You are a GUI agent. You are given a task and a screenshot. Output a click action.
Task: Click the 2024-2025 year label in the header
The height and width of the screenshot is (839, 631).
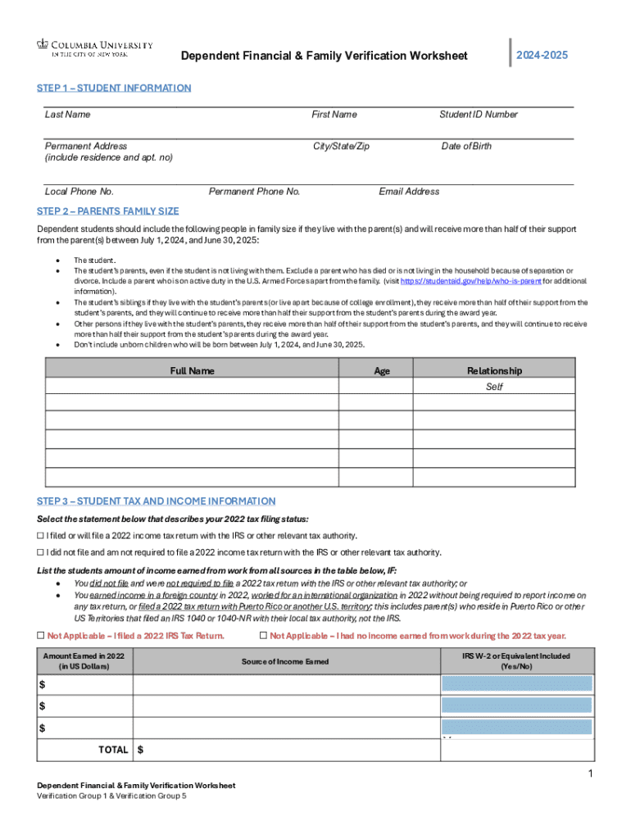(x=542, y=55)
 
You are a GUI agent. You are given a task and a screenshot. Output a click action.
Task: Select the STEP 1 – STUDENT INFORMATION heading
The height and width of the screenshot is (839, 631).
(x=114, y=88)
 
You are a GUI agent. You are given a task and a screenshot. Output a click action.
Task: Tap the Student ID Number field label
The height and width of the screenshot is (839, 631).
(x=478, y=115)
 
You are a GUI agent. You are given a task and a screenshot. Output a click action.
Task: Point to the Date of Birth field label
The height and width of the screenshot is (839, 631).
(x=466, y=146)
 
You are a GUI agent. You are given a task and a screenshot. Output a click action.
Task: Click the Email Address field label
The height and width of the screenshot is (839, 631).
(x=409, y=192)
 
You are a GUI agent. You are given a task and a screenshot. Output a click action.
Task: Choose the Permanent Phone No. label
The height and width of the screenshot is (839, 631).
(x=254, y=192)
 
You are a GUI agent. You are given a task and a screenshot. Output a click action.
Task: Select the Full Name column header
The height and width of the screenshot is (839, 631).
(x=192, y=371)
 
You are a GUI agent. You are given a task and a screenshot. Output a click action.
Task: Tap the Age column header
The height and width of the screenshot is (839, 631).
(x=382, y=371)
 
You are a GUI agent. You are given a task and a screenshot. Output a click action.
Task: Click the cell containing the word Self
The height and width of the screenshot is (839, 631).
(x=494, y=387)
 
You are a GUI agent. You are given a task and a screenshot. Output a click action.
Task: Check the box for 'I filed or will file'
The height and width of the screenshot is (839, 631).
(x=41, y=536)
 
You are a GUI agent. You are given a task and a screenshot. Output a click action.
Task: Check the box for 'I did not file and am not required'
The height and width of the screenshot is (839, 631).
(x=41, y=552)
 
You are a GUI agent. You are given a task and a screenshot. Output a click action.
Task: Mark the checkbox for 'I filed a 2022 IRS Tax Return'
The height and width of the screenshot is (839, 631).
(x=41, y=636)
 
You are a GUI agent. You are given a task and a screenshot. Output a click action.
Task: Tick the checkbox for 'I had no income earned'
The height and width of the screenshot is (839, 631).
(x=263, y=636)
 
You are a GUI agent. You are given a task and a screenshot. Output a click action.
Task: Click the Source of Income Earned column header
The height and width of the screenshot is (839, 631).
(x=285, y=661)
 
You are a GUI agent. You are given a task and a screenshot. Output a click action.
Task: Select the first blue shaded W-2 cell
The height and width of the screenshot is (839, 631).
(x=516, y=684)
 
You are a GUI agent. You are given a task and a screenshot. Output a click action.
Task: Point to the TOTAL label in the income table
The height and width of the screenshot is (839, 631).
(x=113, y=750)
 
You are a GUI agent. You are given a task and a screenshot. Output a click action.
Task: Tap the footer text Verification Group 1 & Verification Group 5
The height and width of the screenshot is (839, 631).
(x=111, y=796)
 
